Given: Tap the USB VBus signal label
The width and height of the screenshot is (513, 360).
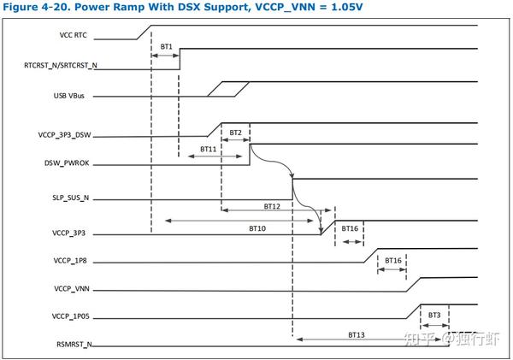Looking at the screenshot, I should (73, 96).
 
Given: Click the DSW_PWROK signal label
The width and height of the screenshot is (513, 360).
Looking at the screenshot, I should (68, 163).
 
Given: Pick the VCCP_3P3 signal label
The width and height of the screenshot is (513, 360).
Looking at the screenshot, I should (71, 233).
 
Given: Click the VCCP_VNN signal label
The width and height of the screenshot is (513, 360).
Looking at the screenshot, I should (71, 288).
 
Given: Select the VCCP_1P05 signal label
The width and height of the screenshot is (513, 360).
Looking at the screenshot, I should (69, 317).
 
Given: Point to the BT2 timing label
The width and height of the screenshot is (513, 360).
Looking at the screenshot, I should (235, 133).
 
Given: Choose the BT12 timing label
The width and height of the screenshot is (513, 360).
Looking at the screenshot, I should (271, 206).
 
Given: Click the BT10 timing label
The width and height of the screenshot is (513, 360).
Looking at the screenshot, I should (256, 228).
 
